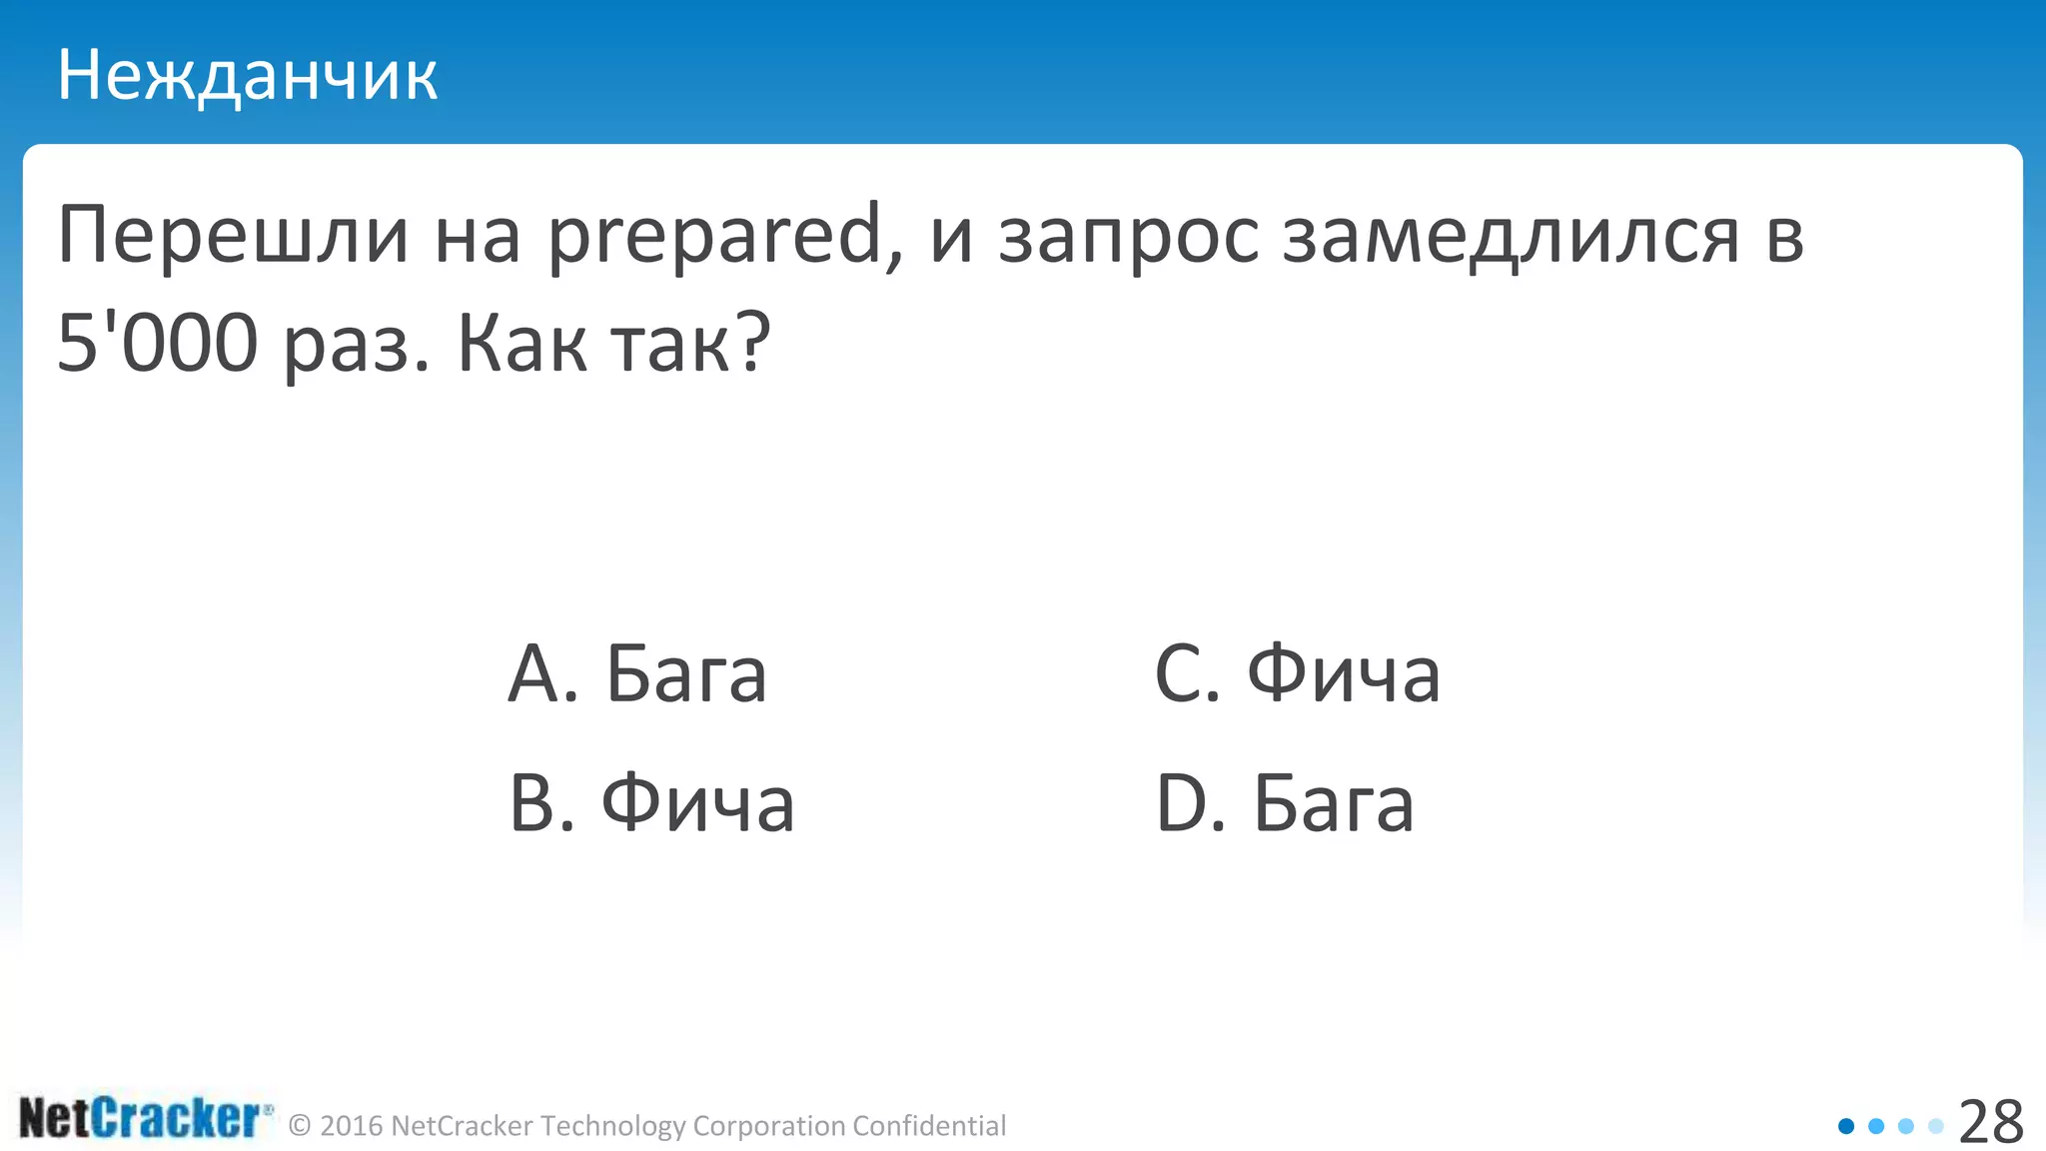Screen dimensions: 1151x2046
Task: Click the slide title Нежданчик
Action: [247, 76]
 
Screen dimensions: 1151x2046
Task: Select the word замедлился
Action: [1512, 238]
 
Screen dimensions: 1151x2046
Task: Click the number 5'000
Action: [158, 342]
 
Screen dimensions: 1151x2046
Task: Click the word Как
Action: [521, 342]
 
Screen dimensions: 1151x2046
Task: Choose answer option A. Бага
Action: [637, 673]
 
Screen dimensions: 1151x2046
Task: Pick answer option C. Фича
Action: [1297, 673]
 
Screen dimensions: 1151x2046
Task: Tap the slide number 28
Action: [1990, 1122]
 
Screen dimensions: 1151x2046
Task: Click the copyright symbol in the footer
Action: [299, 1126]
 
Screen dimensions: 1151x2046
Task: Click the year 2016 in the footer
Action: [352, 1126]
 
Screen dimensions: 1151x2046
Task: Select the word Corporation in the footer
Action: [769, 1126]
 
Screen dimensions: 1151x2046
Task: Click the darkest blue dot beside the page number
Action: [1846, 1126]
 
